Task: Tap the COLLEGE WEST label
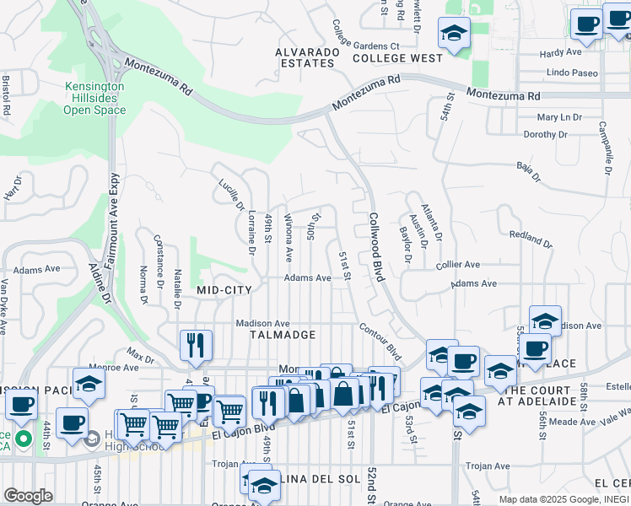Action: click(397, 58)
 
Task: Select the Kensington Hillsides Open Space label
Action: click(94, 98)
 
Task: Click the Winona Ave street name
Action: click(289, 236)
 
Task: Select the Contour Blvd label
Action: click(380, 340)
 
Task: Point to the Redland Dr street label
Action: click(531, 237)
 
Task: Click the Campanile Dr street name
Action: click(605, 148)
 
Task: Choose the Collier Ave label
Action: click(458, 264)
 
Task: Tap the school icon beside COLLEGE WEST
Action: click(454, 35)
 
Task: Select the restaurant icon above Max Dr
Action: click(195, 344)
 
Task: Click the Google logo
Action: click(28, 496)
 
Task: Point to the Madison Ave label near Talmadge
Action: click(262, 323)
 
